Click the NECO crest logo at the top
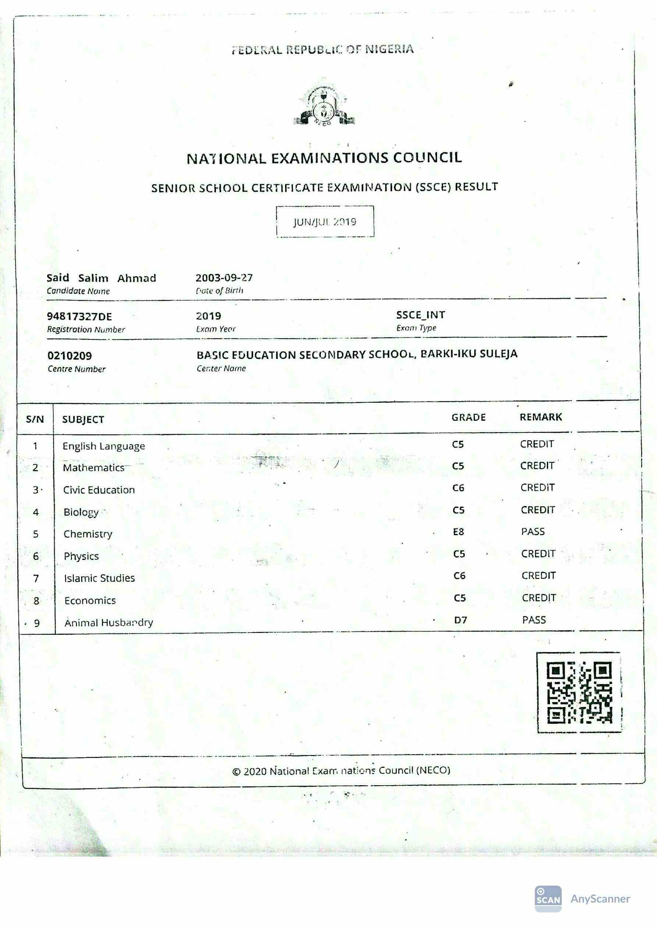(x=324, y=105)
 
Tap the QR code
(x=579, y=692)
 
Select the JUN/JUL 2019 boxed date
(x=325, y=222)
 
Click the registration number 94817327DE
(x=79, y=316)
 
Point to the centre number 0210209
(x=70, y=356)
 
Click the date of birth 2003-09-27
(x=224, y=278)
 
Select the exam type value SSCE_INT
(x=420, y=315)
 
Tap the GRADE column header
(x=468, y=417)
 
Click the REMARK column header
(x=541, y=417)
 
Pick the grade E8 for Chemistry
(x=458, y=532)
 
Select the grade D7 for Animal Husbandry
(x=460, y=620)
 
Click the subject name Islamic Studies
(x=99, y=578)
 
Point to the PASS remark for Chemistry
(x=533, y=532)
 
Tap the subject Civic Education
(x=99, y=490)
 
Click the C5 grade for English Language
(x=458, y=444)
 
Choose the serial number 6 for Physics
(x=36, y=556)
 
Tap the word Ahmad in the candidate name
(x=136, y=278)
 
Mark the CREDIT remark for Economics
(x=539, y=598)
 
